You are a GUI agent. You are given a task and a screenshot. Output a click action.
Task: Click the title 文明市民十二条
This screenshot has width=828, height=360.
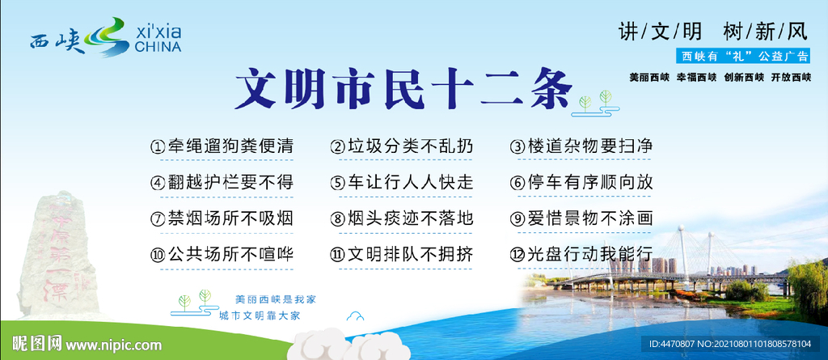pyautogui.click(x=403, y=89)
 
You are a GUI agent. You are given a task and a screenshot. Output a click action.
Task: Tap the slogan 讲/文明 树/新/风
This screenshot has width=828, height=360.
pyautogui.click(x=713, y=32)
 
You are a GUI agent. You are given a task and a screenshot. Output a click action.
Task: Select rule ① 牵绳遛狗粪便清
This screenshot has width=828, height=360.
pyautogui.click(x=222, y=146)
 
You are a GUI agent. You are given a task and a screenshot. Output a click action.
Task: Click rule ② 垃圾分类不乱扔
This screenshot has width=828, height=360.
pyautogui.click(x=401, y=146)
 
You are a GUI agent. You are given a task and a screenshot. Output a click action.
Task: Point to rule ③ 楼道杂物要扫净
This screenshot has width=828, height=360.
pyautogui.click(x=581, y=146)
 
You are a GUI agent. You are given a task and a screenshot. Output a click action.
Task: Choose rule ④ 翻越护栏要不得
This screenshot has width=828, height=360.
pyautogui.click(x=222, y=182)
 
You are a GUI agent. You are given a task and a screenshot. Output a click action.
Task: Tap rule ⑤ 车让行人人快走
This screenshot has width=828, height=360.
pyautogui.click(x=401, y=182)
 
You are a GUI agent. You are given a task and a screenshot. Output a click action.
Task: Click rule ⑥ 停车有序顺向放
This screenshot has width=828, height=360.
pyautogui.click(x=581, y=182)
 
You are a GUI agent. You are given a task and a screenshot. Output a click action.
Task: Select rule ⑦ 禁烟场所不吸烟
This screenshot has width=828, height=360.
pyautogui.click(x=222, y=218)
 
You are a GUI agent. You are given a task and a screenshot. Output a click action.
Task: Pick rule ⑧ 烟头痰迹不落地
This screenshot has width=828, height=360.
pyautogui.click(x=401, y=218)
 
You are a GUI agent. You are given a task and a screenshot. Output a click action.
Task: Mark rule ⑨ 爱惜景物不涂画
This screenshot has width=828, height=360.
pyautogui.click(x=581, y=218)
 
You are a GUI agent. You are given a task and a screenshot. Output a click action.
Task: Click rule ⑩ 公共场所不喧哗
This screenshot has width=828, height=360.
pyautogui.click(x=222, y=253)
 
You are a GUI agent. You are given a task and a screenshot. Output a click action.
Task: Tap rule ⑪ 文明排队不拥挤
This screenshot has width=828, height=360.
pyautogui.click(x=401, y=253)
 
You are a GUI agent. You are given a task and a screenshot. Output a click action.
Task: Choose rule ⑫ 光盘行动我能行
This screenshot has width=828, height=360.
pyautogui.click(x=581, y=253)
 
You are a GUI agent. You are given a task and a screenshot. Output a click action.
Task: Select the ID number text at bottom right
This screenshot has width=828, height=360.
pyautogui.click(x=729, y=345)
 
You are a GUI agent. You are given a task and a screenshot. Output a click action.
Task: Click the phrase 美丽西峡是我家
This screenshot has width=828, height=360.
pyautogui.click(x=261, y=299)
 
